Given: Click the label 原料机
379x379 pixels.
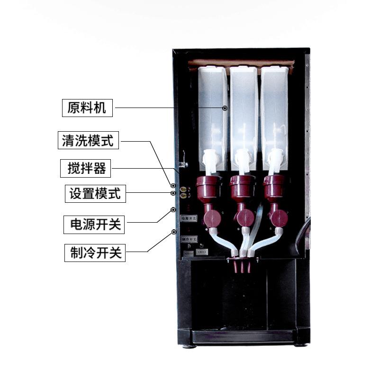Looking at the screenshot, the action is (x=88, y=108).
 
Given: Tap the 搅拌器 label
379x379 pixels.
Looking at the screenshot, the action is (x=86, y=168).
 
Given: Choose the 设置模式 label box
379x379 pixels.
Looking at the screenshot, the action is (x=95, y=194).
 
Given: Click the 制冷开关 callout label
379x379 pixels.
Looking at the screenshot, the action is (x=95, y=253).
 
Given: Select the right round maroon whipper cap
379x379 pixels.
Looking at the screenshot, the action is (x=279, y=218).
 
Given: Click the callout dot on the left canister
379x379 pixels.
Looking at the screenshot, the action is (x=225, y=108).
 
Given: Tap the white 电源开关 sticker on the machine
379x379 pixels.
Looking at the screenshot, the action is (x=189, y=218).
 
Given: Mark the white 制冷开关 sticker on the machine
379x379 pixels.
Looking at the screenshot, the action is (x=188, y=240).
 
